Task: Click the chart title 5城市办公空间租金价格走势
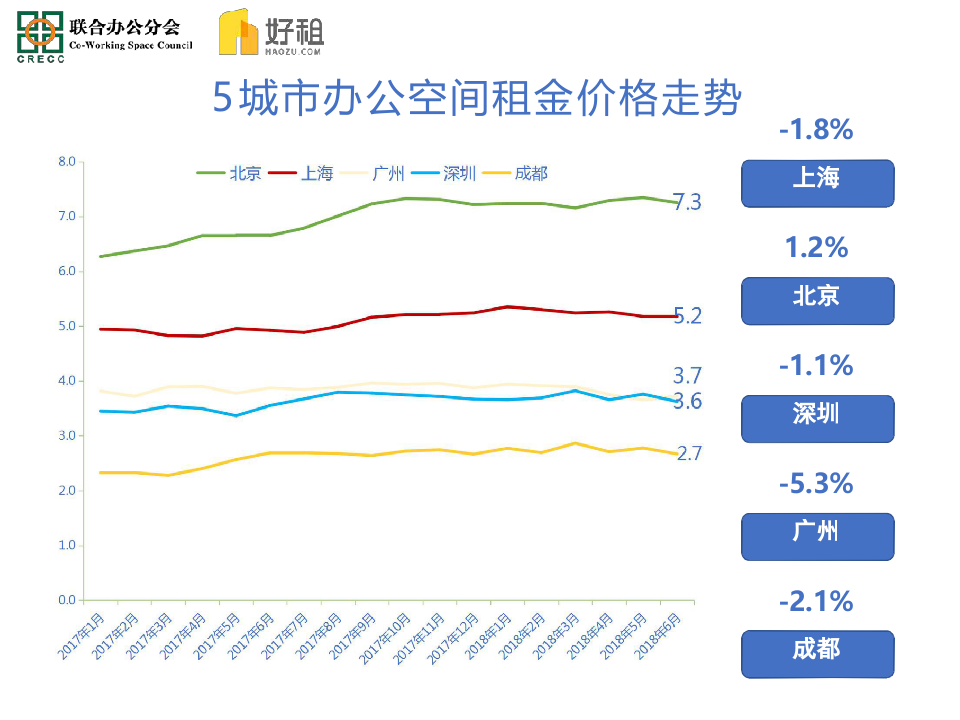click(478, 100)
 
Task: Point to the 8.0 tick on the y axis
click(67, 161)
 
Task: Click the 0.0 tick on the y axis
click(67, 600)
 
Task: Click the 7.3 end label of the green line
click(688, 203)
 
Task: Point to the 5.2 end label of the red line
click(688, 316)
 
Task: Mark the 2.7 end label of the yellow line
click(690, 454)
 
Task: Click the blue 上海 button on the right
click(817, 182)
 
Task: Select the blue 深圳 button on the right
click(817, 418)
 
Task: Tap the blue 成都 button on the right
click(817, 653)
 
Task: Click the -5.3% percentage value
click(816, 484)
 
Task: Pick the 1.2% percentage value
click(816, 247)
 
